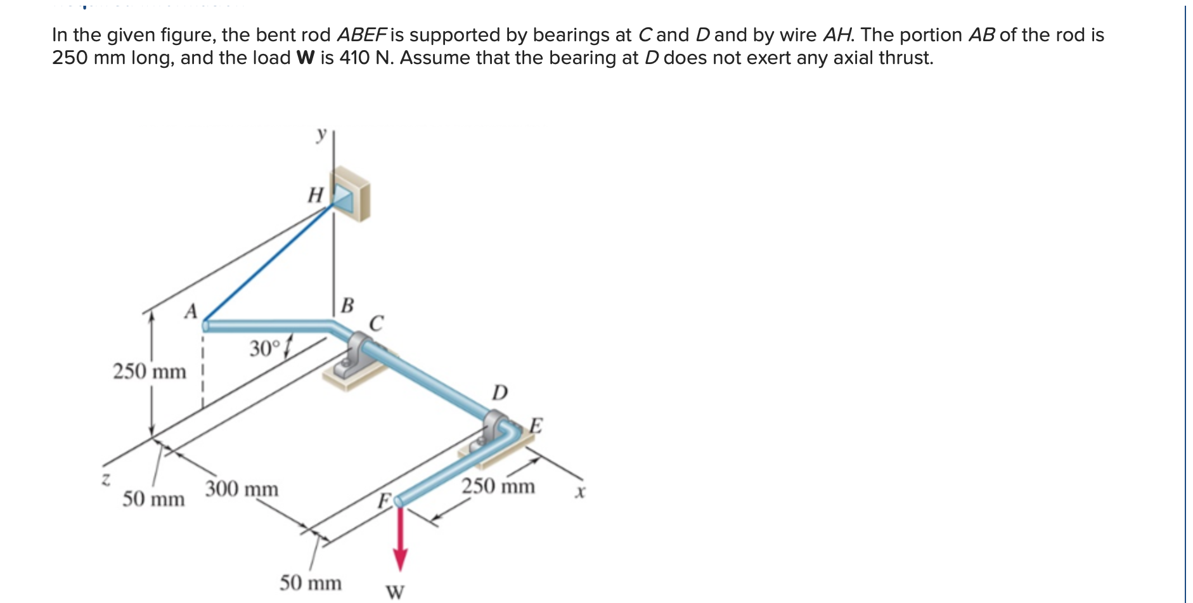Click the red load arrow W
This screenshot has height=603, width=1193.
point(400,539)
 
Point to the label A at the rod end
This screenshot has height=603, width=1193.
point(191,311)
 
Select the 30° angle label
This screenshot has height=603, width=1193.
point(264,349)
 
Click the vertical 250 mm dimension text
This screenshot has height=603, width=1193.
point(150,371)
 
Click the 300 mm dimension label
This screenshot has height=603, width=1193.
point(242,489)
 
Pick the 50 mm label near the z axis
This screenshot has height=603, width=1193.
point(153,499)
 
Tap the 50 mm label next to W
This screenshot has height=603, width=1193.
point(311,583)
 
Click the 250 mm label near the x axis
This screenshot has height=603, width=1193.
point(498,486)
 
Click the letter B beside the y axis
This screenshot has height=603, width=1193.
point(347,305)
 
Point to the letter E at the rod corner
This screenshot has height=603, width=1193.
point(536,425)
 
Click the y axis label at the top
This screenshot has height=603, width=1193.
point(321,134)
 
